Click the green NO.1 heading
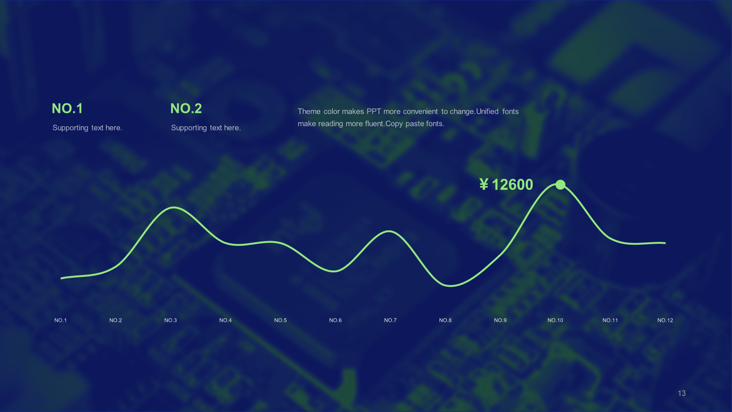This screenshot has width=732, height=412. [x=67, y=108]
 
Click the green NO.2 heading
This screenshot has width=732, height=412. [x=186, y=108]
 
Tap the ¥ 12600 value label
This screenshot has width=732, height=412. [x=506, y=185]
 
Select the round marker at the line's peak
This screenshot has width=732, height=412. [x=560, y=185]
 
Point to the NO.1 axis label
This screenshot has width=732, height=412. [x=61, y=320]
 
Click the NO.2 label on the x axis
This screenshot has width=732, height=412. [x=116, y=320]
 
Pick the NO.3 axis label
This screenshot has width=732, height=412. [x=170, y=320]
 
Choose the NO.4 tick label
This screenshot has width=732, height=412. [x=225, y=320]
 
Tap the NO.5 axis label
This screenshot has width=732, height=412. [x=280, y=320]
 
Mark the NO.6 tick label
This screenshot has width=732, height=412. [x=335, y=320]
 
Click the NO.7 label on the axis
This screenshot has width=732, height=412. [x=390, y=320]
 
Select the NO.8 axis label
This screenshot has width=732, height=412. [x=445, y=320]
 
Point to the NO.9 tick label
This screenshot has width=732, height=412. [x=500, y=320]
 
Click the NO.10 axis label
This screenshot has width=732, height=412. [x=555, y=320]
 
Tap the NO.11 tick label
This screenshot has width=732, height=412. [x=610, y=320]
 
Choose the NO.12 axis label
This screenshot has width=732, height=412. [x=665, y=320]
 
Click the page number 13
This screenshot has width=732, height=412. [x=682, y=393]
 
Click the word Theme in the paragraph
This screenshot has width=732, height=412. [x=309, y=111]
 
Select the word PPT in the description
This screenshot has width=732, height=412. [x=374, y=111]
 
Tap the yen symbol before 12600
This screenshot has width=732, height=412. [x=484, y=185]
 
